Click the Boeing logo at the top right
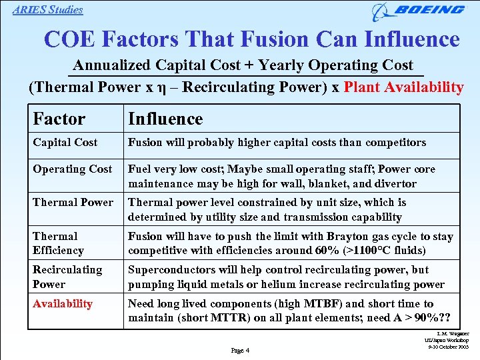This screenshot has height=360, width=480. click(x=419, y=11)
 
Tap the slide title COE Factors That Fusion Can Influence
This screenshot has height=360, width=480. click(x=251, y=39)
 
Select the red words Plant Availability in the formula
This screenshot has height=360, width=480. click(x=403, y=87)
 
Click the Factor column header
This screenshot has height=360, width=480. click(x=59, y=119)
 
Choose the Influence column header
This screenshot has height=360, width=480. click(x=165, y=119)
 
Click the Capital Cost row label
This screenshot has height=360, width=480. click(x=65, y=142)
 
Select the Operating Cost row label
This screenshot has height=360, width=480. click(x=72, y=169)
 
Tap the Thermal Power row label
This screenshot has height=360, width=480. click(x=73, y=202)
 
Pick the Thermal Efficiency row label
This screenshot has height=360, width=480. click(x=58, y=243)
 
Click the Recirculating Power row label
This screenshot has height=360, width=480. click(x=67, y=277)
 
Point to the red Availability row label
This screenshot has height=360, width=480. click(x=63, y=303)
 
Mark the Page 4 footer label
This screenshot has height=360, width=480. click(x=240, y=351)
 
